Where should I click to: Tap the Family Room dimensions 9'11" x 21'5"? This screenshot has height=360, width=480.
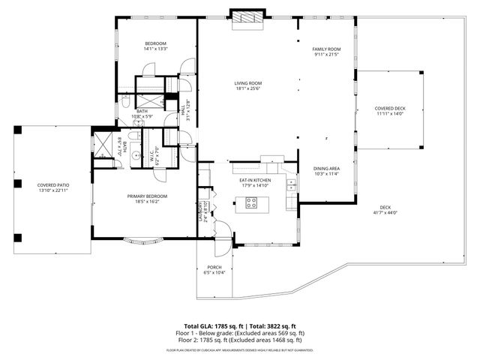[326, 54]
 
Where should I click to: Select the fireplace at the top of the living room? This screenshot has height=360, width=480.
[247, 18]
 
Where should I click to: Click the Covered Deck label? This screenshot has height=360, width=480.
[389, 108]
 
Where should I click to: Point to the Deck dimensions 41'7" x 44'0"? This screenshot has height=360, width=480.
[385, 212]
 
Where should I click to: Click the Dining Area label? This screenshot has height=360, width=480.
[326, 168]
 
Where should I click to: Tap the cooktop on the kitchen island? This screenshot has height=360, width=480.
[251, 202]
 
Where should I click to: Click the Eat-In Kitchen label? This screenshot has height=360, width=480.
[255, 180]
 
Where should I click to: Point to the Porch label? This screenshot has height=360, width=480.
[214, 267]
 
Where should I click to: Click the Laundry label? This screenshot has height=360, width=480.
[200, 212]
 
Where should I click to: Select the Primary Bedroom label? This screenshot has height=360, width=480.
[146, 196]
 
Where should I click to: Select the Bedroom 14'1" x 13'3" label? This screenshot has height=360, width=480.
[155, 43]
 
